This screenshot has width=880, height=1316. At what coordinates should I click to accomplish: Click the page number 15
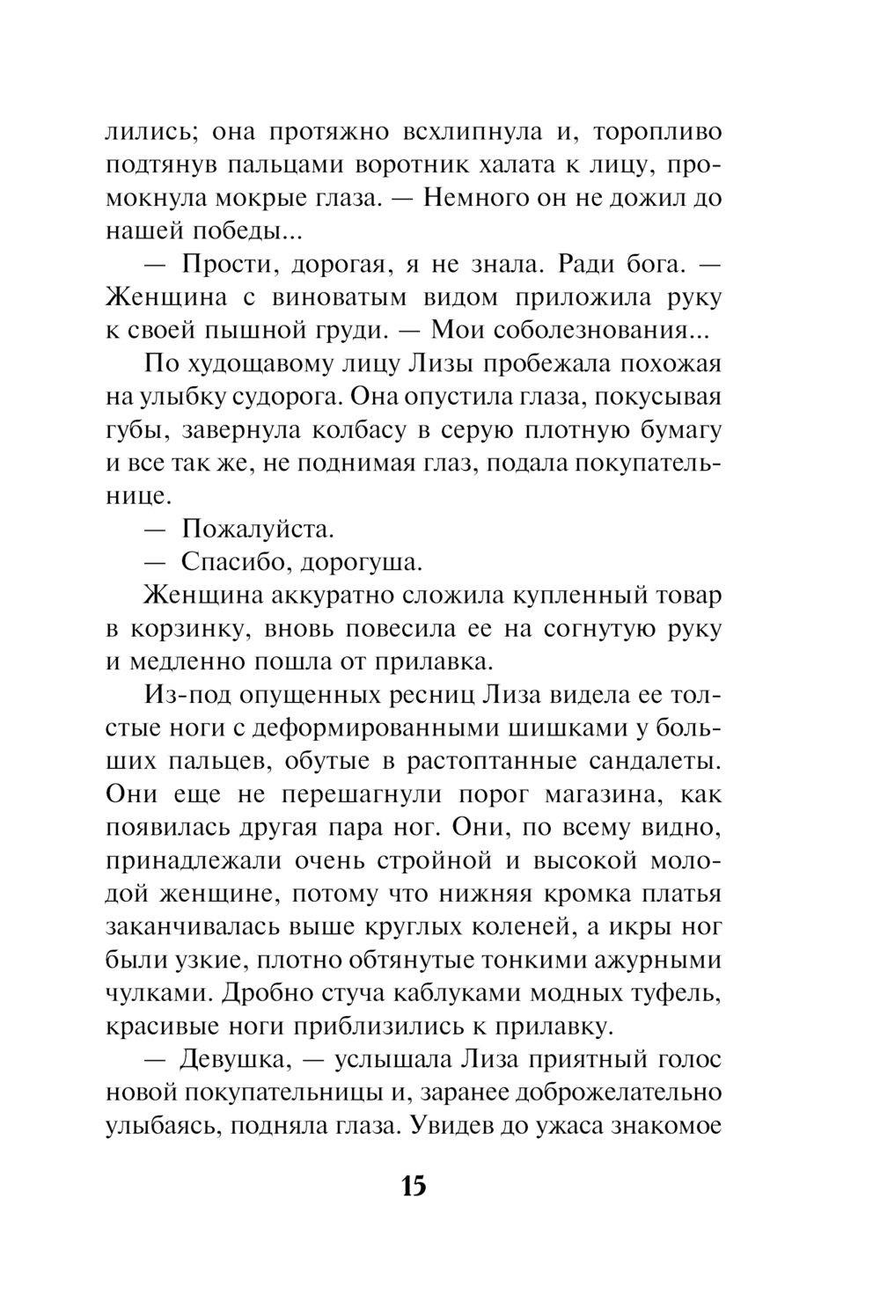414,1186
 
